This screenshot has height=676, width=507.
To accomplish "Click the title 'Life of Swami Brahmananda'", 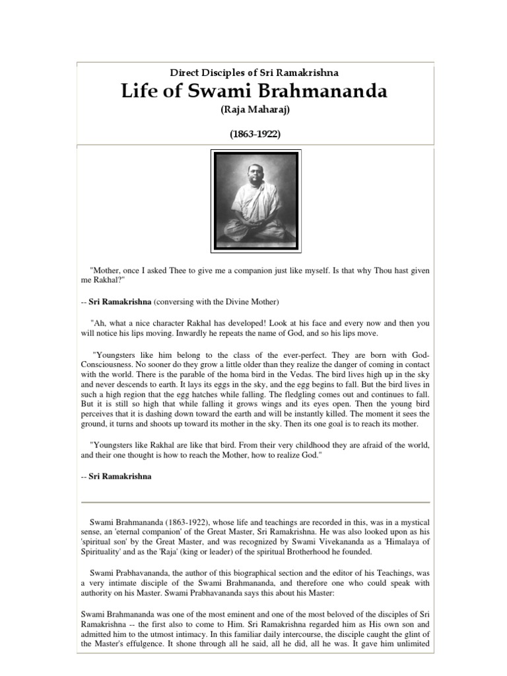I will (x=255, y=91).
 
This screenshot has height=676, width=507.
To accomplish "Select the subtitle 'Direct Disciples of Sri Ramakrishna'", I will (x=255, y=73).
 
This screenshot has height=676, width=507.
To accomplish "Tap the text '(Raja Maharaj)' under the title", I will (x=255, y=110).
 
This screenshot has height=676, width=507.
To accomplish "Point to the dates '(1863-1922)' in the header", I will (x=255, y=133).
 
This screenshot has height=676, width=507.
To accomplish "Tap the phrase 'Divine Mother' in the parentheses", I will (x=251, y=302).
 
